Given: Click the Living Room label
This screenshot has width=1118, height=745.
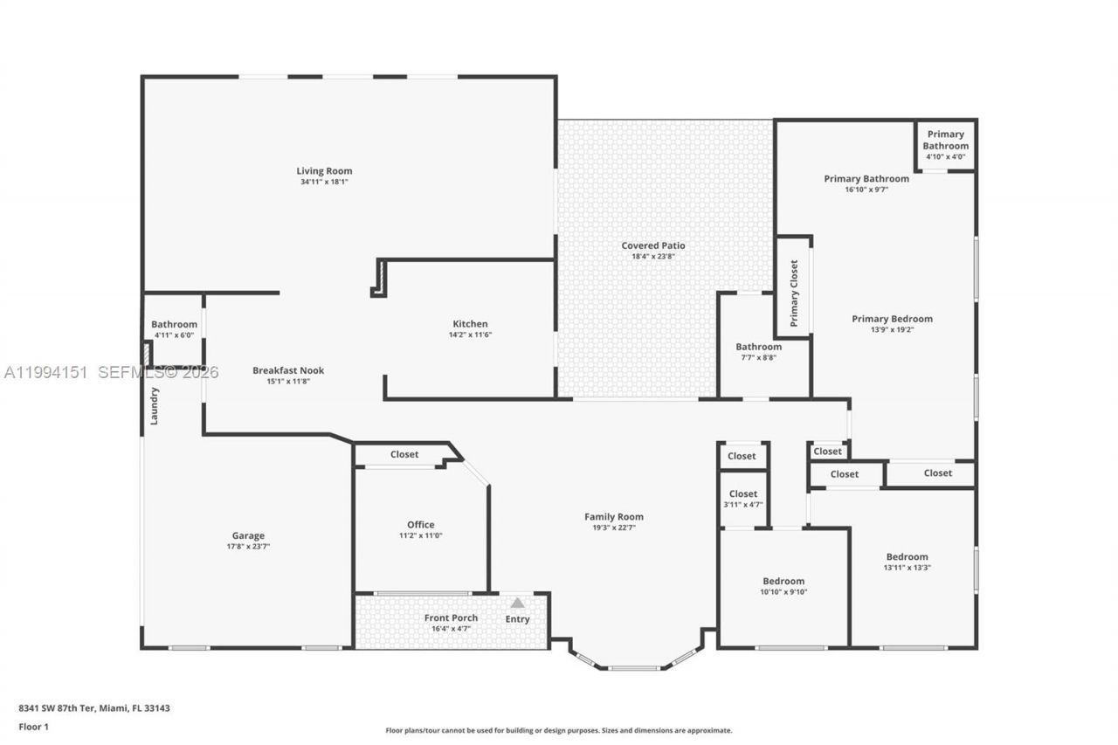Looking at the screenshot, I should tap(324, 171).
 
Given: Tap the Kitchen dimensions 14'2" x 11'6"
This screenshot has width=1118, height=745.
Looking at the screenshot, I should tap(470, 335).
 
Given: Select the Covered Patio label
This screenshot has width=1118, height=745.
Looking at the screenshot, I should tap(653, 245).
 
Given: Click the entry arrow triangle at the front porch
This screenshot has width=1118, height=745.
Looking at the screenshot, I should tap(517, 603).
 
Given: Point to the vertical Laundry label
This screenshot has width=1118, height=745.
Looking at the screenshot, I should tap(155, 406).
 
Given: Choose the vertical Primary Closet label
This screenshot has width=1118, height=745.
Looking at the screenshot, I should tap(794, 293).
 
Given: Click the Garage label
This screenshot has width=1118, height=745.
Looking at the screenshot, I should tap(248, 535).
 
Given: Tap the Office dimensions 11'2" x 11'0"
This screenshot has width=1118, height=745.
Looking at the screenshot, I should tap(421, 535).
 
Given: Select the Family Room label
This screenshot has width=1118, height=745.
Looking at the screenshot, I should tap(613, 516).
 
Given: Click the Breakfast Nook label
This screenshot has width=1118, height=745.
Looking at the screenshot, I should tap(288, 370).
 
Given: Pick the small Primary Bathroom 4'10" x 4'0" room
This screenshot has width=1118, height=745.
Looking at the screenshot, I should tap(946, 145).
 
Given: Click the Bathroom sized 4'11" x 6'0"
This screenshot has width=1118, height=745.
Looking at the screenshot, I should tap(174, 329).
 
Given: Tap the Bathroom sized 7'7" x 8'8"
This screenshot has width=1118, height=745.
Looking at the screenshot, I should tap(758, 352).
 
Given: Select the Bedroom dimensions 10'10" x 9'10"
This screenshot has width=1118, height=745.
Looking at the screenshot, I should tap(783, 592).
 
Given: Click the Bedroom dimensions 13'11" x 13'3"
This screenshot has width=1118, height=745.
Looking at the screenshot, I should tap(907, 568).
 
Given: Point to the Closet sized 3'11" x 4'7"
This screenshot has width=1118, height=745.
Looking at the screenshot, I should tap(743, 499).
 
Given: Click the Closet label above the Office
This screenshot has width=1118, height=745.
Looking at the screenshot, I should tap(404, 454).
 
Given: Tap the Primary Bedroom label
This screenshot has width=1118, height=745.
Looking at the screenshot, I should tap(892, 319).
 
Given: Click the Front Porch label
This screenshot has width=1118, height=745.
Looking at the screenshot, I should tap(451, 617).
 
